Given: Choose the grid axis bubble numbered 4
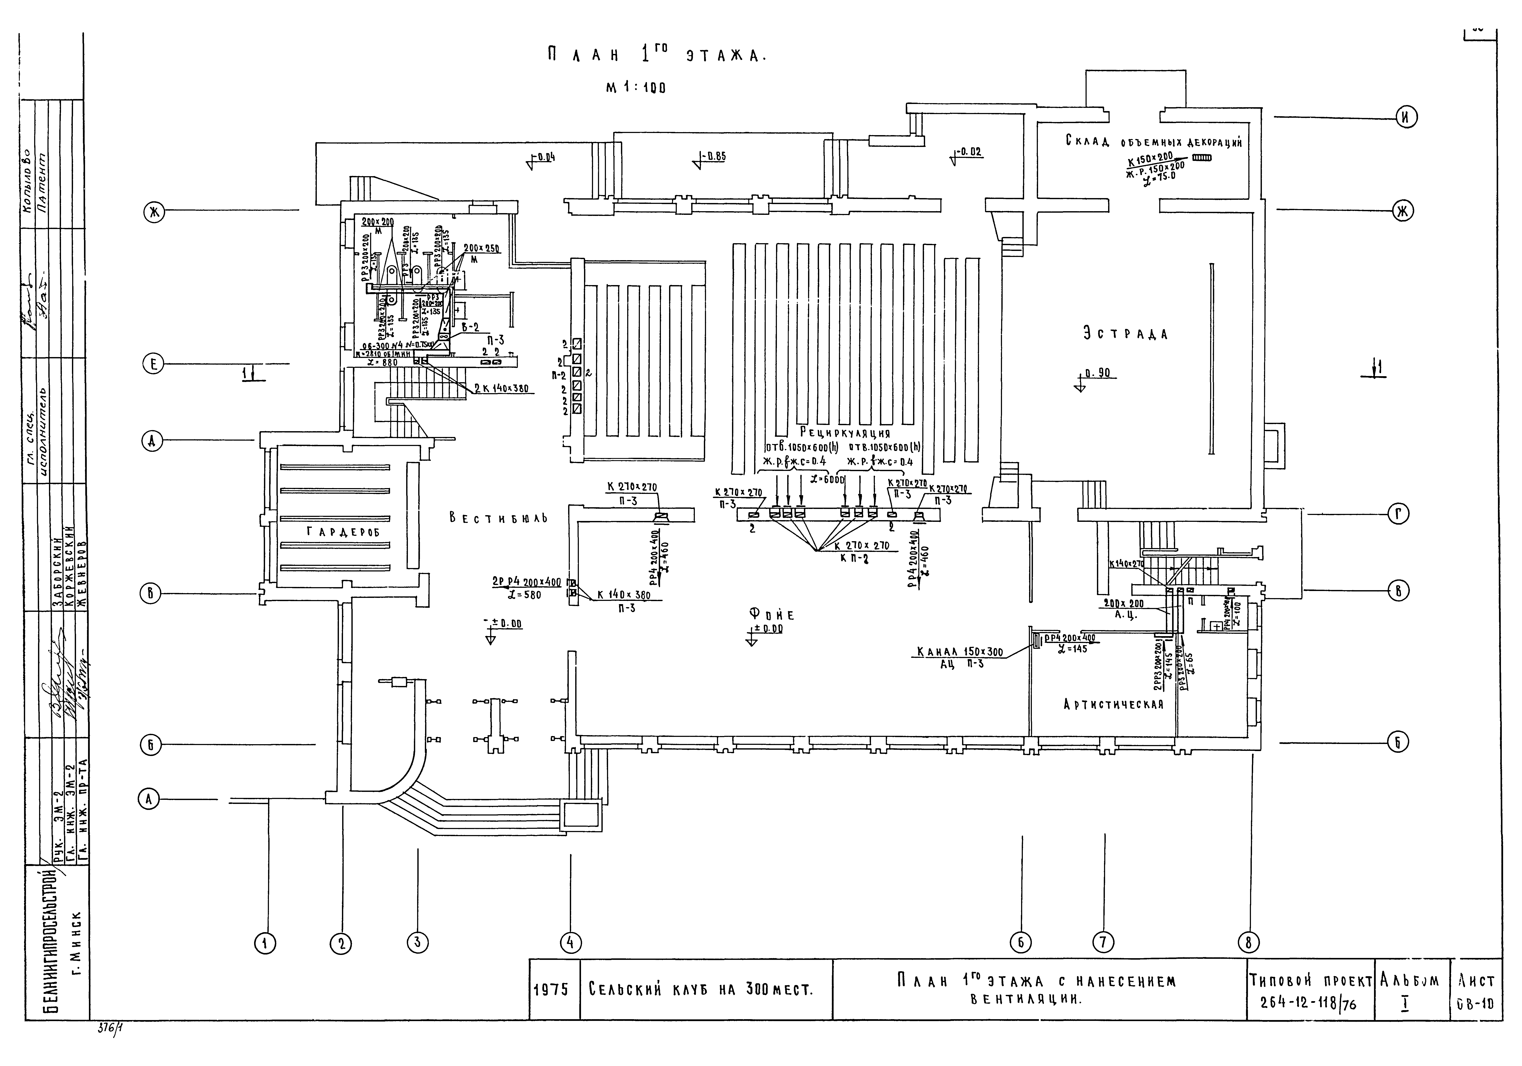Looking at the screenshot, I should [570, 943].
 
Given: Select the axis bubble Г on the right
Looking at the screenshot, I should [1398, 514].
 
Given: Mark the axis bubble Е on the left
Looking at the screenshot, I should [153, 364].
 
